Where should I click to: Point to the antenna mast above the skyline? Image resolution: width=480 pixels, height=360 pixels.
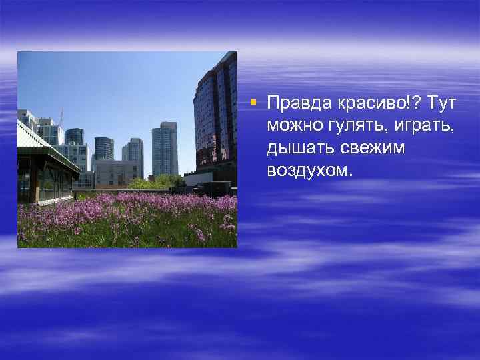coord(61,117)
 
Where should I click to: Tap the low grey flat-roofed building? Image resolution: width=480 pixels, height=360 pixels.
coord(117,173)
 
